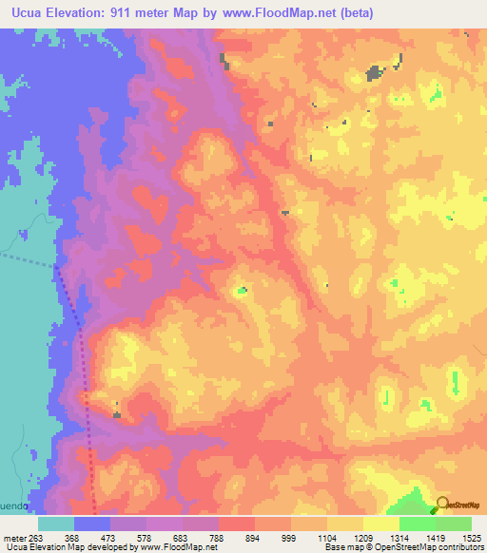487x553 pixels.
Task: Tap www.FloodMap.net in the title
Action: (286, 13)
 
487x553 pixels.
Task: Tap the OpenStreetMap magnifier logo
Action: (442, 504)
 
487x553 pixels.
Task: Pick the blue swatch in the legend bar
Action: (92, 524)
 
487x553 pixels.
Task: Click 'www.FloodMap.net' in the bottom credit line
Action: (187, 547)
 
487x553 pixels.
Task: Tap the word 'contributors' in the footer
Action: (460, 547)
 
